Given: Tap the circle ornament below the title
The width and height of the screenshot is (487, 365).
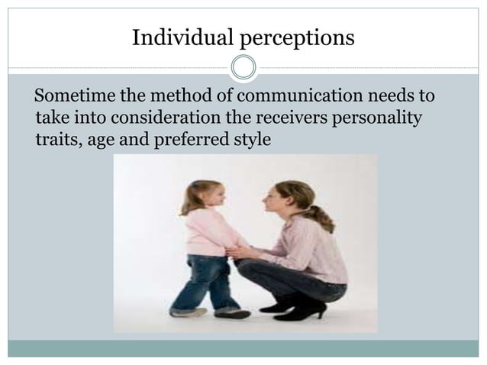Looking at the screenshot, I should point(243,68).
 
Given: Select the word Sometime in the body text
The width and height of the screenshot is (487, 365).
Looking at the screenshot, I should point(73,98).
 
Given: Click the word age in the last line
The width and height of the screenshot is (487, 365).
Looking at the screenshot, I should point(102,141).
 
